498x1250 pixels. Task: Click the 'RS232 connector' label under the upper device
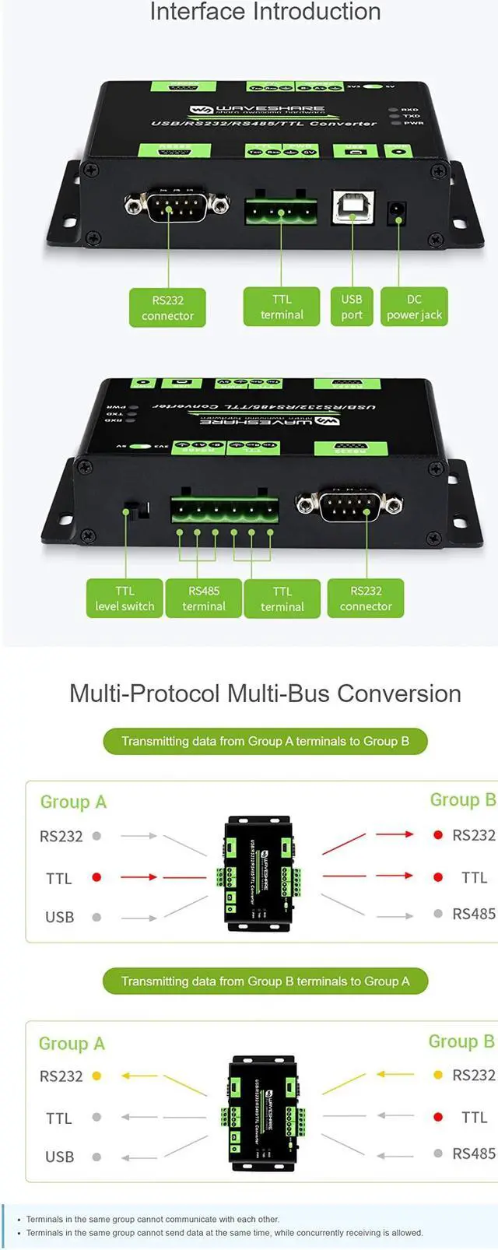click(x=167, y=307)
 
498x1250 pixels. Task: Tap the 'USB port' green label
click(x=352, y=307)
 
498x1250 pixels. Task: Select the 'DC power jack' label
click(x=414, y=307)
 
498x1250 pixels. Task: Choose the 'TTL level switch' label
click(x=124, y=599)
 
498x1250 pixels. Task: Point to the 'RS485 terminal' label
click(x=204, y=599)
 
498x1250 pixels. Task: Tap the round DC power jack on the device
click(x=397, y=211)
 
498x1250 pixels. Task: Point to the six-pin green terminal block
click(x=225, y=510)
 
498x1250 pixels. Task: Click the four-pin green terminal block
click(x=281, y=210)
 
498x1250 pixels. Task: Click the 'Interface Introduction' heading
click(x=265, y=12)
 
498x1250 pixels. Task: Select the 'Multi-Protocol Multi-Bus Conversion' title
click(x=265, y=693)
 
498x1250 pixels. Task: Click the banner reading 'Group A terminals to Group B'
click(x=265, y=741)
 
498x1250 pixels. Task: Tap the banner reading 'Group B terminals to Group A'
click(x=265, y=981)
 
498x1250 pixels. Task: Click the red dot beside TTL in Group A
click(x=96, y=877)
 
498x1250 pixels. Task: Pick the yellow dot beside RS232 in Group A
click(x=96, y=1076)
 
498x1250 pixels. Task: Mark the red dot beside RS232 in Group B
click(x=438, y=835)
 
